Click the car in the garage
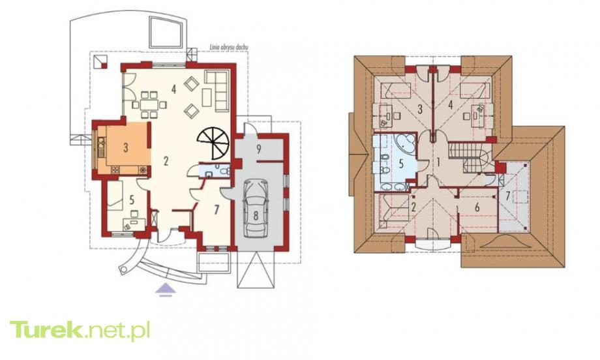(256, 208)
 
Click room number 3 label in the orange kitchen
(126, 147)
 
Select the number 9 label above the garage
(259, 149)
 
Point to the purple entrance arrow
(165, 290)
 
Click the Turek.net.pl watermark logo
(80, 331)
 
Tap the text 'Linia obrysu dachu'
(229, 48)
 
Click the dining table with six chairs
(149, 104)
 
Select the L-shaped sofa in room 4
(217, 90)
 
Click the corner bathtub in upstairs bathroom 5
(405, 142)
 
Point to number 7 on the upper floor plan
(508, 196)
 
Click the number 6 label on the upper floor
(477, 207)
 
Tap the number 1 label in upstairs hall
(438, 162)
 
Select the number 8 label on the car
(256, 215)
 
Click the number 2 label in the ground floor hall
(166, 160)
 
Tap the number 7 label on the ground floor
(217, 209)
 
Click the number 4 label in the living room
(173, 89)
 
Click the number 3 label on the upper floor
(419, 110)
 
